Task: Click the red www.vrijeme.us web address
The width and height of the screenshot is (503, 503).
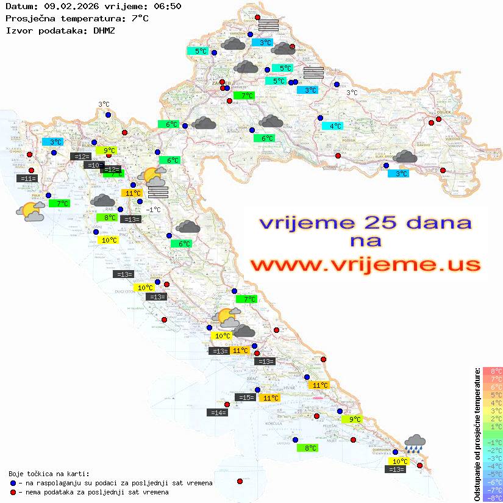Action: coord(365,265)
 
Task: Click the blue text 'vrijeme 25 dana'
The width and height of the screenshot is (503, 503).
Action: coord(365,222)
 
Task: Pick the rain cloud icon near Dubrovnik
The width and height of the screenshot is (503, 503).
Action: coord(415,443)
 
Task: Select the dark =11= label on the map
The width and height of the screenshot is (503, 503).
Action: coord(28,178)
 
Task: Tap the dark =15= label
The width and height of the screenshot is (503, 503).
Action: coord(245,398)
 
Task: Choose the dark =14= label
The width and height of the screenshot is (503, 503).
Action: coord(218,413)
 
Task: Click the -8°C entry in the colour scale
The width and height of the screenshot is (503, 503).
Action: coord(493,498)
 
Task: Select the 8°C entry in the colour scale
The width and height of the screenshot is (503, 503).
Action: coord(493,371)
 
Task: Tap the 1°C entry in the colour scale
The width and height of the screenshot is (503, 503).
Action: coord(493,426)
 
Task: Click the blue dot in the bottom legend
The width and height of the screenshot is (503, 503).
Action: coord(13,483)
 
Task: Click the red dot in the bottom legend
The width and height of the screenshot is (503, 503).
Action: coord(13,492)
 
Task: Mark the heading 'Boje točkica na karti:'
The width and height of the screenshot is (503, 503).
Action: coord(49,474)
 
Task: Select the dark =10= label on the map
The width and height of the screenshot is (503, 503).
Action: coord(93,165)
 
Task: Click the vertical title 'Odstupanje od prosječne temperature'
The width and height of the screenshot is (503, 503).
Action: coord(477,434)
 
